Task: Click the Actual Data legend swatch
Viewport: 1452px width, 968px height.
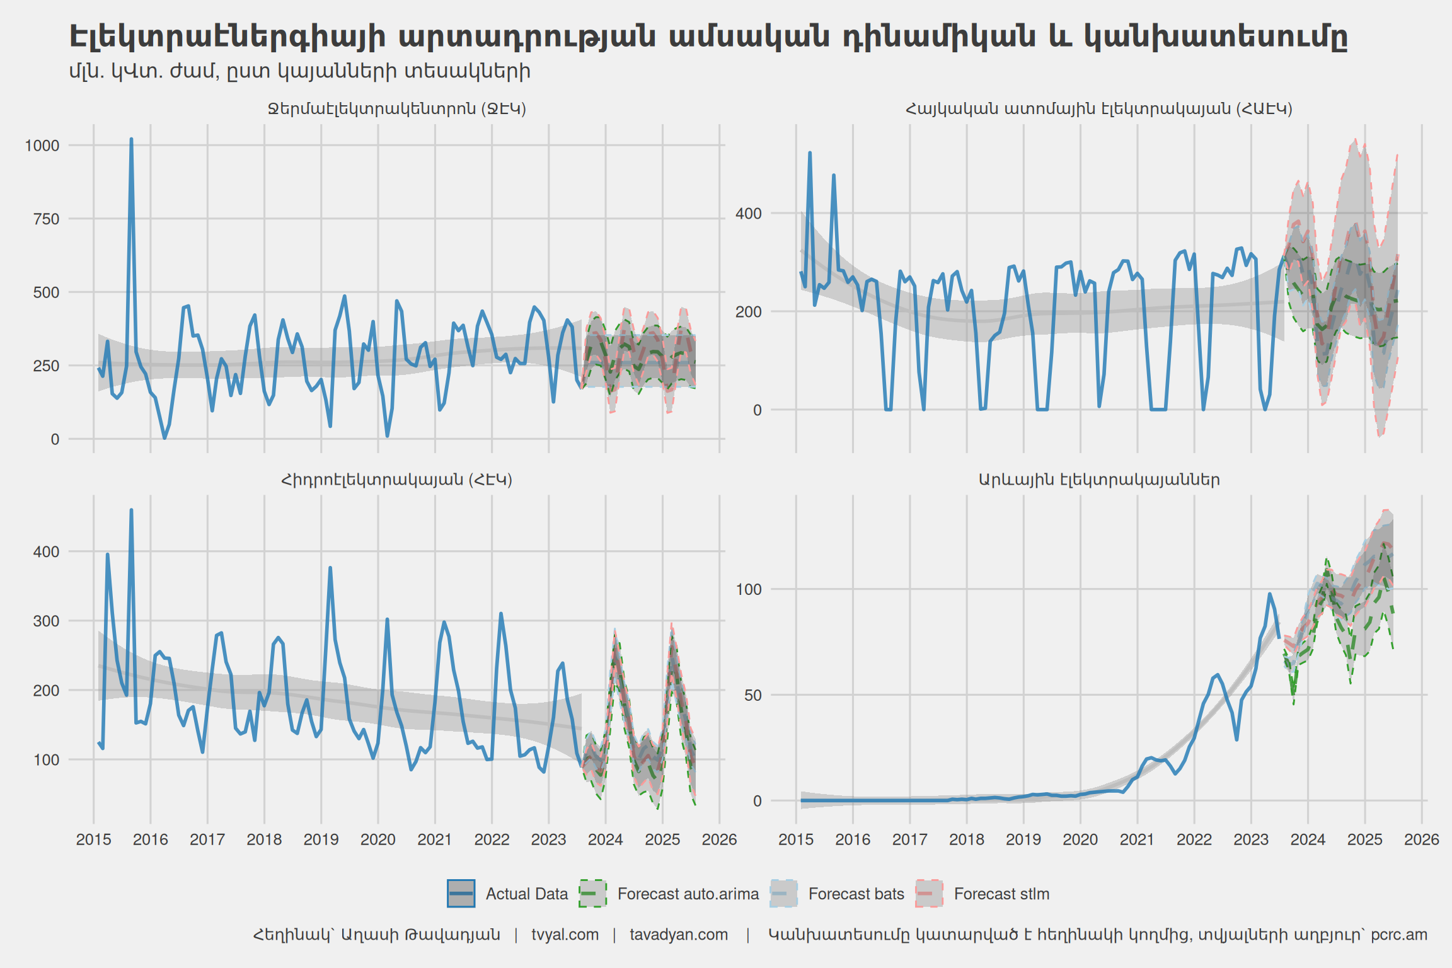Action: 461,894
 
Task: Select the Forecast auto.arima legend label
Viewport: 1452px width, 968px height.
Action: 688,894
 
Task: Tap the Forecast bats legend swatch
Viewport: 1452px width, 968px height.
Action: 783,894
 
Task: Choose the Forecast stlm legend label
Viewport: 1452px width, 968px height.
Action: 1001,894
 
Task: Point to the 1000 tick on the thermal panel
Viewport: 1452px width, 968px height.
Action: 42,146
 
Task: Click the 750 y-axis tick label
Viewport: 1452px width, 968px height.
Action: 46,219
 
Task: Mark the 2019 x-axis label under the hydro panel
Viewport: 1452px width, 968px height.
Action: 321,839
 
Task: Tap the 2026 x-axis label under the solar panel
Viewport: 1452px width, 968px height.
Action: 1421,839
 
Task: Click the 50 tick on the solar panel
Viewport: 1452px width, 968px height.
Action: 752,695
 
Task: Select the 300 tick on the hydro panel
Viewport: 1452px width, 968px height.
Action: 46,621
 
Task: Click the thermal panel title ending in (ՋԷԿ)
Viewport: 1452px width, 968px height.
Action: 397,108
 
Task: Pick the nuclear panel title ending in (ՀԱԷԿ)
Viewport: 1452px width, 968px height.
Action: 1099,108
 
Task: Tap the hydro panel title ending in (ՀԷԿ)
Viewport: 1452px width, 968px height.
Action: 396,480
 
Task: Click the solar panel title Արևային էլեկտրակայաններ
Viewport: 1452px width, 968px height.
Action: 1099,480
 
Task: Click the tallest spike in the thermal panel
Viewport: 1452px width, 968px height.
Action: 131,139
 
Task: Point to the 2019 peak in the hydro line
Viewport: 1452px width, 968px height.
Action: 330,568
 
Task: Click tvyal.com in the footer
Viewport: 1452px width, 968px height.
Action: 565,935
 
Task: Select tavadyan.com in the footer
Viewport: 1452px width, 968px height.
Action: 679,935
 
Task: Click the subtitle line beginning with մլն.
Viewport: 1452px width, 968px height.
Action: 299,71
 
